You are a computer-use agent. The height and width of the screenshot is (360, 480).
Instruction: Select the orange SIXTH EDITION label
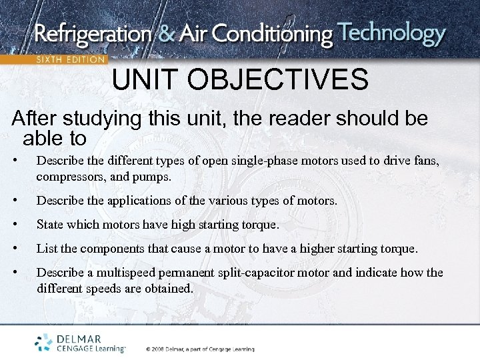(x=69, y=59)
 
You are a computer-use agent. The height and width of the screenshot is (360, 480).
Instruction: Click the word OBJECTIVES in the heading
(x=277, y=80)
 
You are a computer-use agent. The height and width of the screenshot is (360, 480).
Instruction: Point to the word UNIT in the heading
(x=145, y=80)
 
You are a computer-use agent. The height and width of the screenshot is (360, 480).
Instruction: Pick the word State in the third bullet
(x=51, y=225)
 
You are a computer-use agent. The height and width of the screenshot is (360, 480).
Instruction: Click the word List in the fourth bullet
(x=47, y=249)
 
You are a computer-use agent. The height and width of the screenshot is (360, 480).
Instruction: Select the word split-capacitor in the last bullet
(x=257, y=273)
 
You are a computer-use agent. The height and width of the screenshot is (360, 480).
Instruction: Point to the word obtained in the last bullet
(x=168, y=288)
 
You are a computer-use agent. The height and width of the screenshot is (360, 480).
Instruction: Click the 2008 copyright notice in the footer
(x=199, y=348)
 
